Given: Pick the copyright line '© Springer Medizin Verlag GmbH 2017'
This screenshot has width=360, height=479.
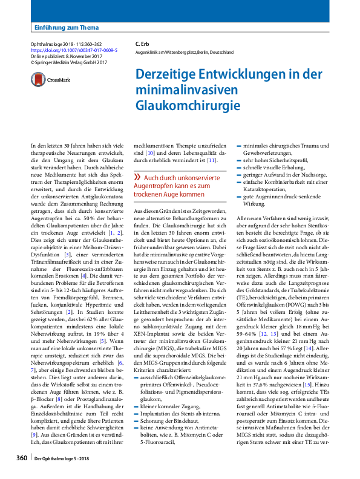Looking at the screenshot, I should click(x=68, y=63).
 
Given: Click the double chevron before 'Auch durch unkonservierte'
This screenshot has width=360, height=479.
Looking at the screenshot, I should click(x=137, y=177).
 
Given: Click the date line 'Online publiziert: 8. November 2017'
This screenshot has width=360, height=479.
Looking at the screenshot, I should click(x=68, y=57).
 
